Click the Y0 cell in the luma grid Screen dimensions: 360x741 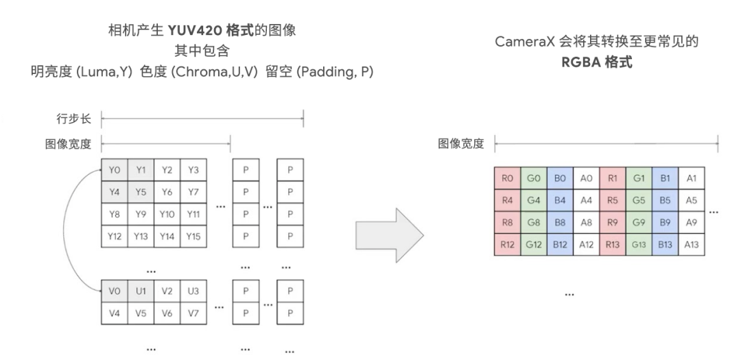(x=115, y=170)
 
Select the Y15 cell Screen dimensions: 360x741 (x=194, y=237)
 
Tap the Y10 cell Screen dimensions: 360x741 (x=167, y=215)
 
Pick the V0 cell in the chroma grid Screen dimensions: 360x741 (x=115, y=291)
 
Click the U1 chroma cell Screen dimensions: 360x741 (x=141, y=291)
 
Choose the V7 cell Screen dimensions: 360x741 (x=194, y=313)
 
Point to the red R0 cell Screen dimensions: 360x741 (x=508, y=178)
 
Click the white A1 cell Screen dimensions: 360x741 (x=692, y=178)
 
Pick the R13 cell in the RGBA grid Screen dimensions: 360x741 (x=613, y=245)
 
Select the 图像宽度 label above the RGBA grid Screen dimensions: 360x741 (x=461, y=144)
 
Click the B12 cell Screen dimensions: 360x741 (x=560, y=245)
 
